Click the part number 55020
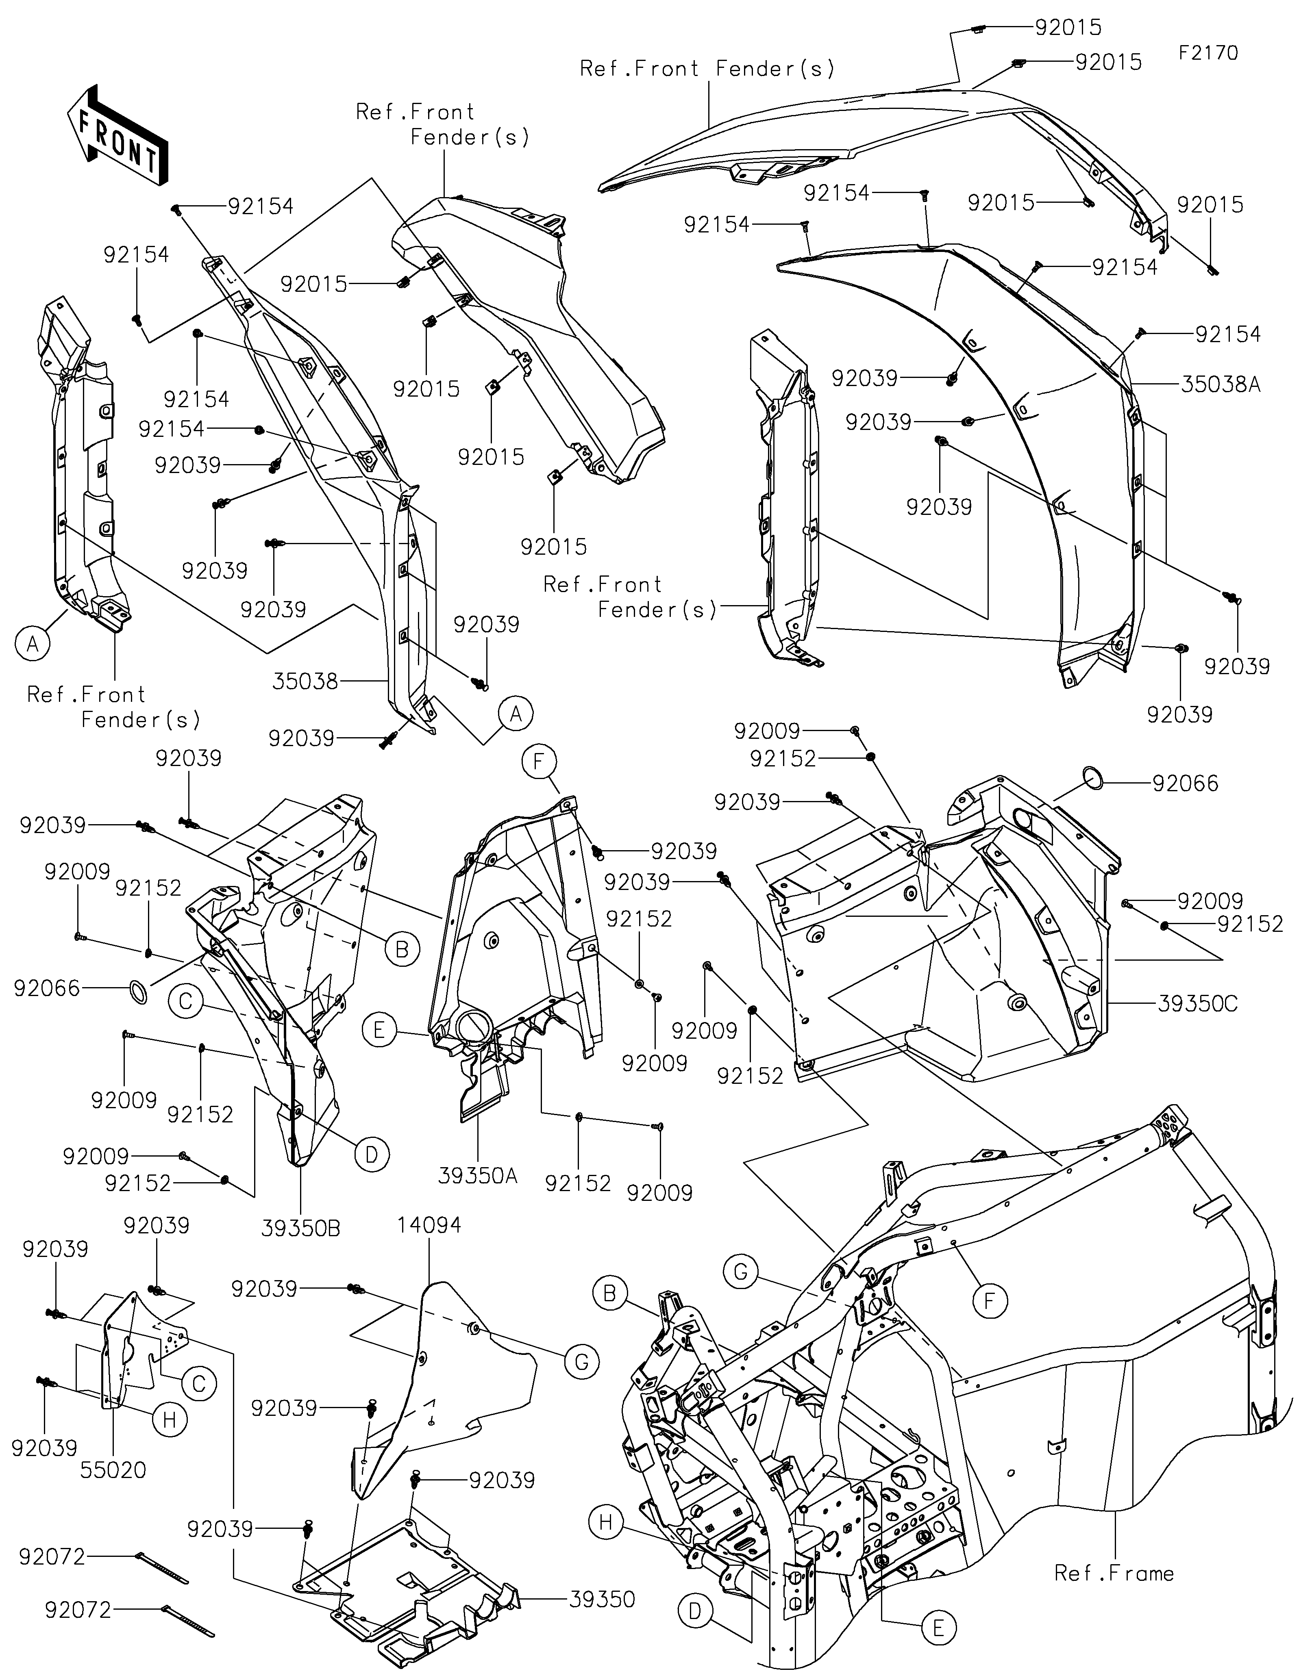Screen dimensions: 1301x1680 coord(113,1470)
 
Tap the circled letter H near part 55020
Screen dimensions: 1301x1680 coord(170,1419)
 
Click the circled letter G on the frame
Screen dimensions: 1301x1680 coord(740,1294)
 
